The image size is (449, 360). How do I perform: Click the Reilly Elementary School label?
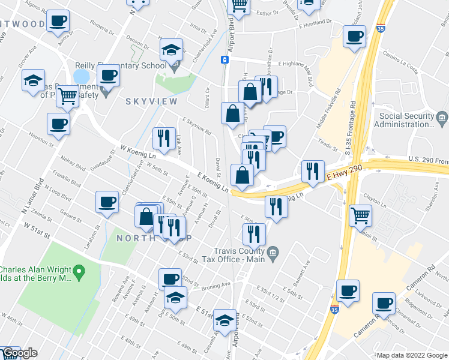click(x=121, y=66)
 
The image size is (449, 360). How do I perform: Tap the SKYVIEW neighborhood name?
click(x=145, y=102)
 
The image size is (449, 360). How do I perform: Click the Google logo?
click(x=19, y=353)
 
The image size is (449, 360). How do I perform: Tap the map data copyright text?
click(x=412, y=355)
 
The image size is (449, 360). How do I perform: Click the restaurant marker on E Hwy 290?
click(x=312, y=171)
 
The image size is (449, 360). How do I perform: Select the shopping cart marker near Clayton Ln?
click(x=360, y=215)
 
